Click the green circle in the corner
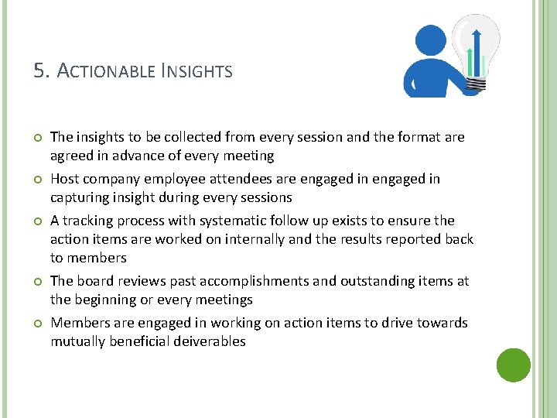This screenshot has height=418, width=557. pos(513,365)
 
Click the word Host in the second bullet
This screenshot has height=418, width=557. pos(64,179)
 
